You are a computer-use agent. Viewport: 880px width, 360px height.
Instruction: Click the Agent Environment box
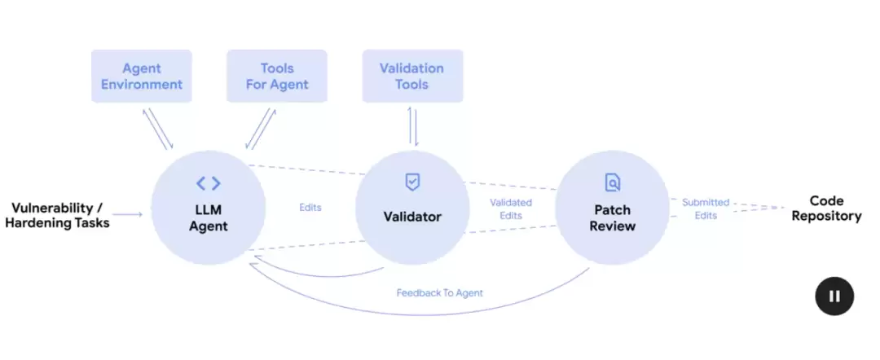point(142,77)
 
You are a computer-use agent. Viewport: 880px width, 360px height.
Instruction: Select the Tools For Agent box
point(277,77)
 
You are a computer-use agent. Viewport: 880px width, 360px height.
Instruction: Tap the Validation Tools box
point(412,77)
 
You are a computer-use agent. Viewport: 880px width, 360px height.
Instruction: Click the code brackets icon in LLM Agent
point(209,183)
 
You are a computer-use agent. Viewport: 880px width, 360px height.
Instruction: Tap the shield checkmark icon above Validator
point(413,182)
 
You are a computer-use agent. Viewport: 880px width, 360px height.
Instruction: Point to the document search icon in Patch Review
point(613,182)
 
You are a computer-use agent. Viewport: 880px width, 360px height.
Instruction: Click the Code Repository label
point(826,209)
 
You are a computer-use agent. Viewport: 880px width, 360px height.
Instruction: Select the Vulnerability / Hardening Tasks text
point(57,215)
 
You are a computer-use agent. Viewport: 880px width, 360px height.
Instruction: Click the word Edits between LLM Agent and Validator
point(310,208)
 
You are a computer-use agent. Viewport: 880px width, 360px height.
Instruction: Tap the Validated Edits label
point(511,209)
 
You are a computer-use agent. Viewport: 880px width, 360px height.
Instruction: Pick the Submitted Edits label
point(706,209)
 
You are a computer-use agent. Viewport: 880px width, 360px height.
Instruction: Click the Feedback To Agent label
point(439,292)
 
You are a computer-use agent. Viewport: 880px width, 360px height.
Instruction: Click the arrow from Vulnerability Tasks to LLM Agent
point(130,215)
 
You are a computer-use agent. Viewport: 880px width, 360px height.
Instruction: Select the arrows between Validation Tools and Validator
point(412,126)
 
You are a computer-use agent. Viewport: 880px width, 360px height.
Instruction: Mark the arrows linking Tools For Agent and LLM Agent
point(261,128)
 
